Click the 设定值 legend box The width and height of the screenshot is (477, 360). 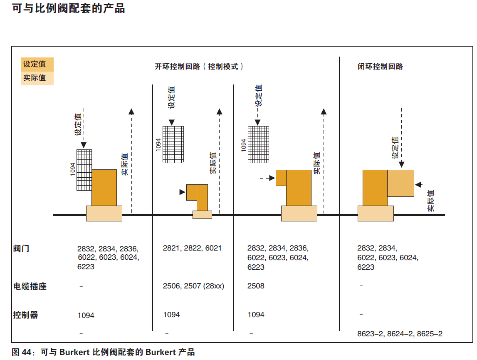[x=37, y=64]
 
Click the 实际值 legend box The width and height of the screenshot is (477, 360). [x=37, y=78]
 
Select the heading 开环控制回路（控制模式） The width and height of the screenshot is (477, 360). [x=199, y=67]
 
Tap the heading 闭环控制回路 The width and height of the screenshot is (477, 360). [x=381, y=67]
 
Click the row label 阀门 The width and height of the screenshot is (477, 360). [x=21, y=249]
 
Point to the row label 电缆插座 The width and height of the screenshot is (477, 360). [x=30, y=286]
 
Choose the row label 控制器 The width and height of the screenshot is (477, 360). [x=25, y=315]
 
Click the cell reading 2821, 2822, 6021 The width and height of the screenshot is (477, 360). [x=192, y=248]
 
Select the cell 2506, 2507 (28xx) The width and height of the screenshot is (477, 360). [x=193, y=286]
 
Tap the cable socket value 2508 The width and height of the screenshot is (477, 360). [x=256, y=286]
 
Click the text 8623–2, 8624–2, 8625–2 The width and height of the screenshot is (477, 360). [x=400, y=334]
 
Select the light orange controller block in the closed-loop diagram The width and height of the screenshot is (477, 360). [x=401, y=183]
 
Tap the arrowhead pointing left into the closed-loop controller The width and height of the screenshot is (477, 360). [x=418, y=184]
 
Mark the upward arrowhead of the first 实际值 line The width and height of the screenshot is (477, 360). [x=131, y=111]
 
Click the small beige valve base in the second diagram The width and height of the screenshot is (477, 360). [x=202, y=215]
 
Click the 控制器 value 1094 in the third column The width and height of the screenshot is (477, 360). [x=256, y=315]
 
